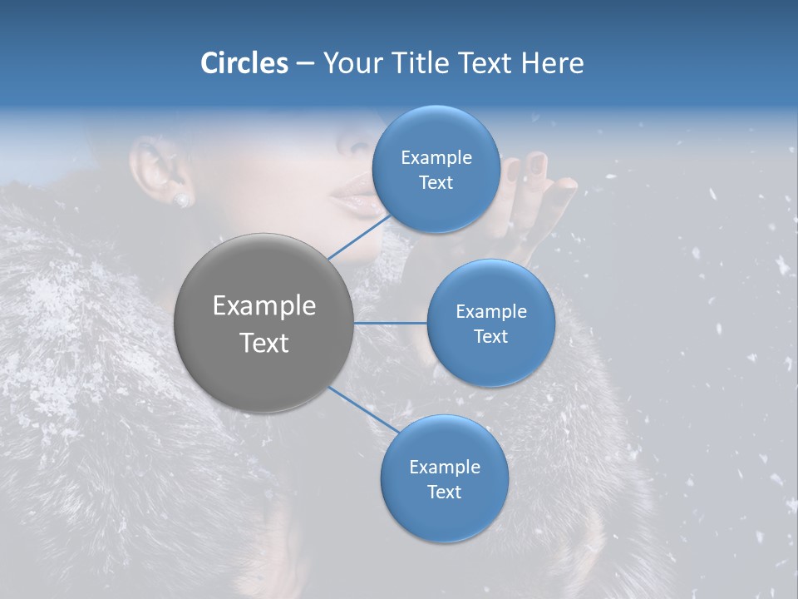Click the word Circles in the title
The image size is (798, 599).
tap(244, 63)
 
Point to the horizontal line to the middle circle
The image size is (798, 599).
tap(391, 323)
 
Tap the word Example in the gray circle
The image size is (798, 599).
tap(264, 306)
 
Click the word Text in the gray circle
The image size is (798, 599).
tap(264, 343)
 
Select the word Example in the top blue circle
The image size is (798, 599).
tap(436, 158)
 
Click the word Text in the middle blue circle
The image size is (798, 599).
tap(490, 337)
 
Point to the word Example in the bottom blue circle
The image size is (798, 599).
tap(444, 468)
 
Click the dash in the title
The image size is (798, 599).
tap(305, 64)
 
